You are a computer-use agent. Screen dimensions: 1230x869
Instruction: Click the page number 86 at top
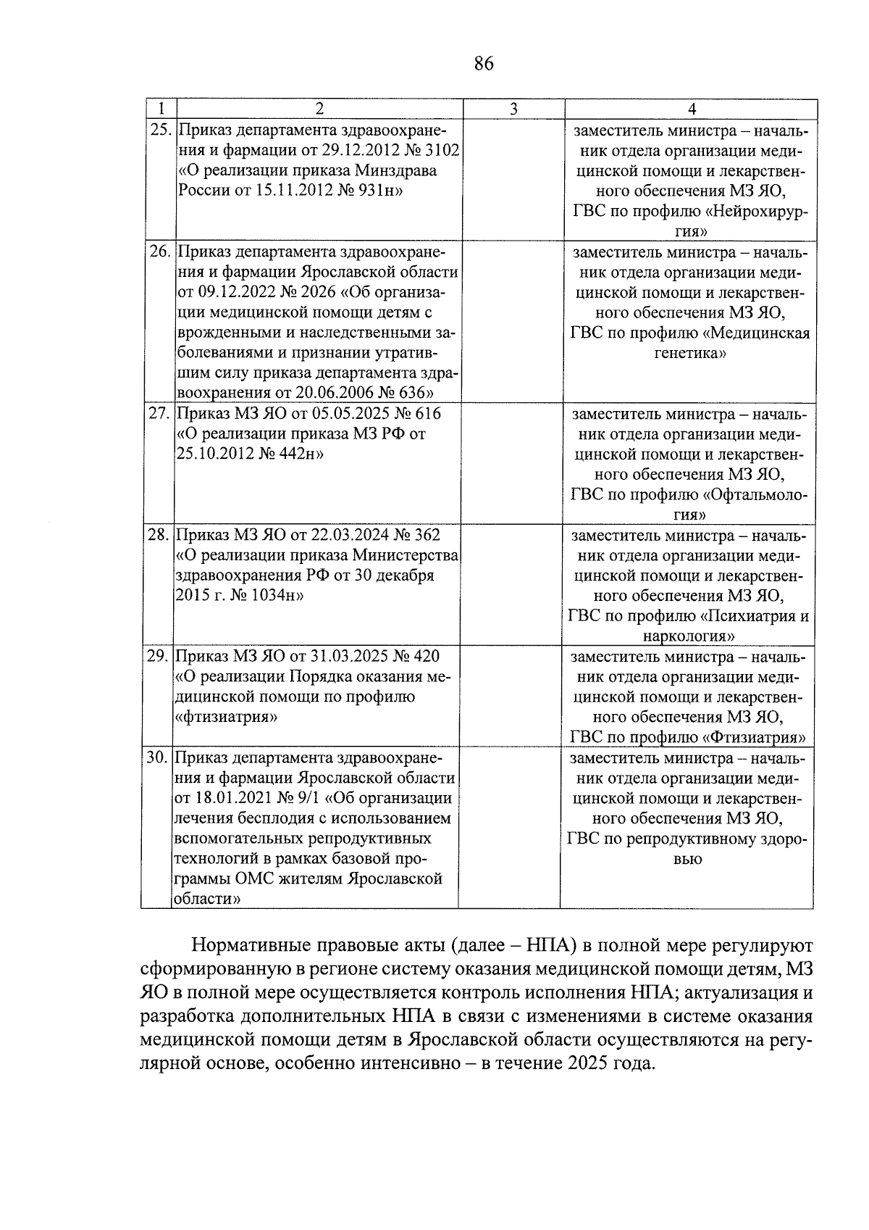click(x=484, y=64)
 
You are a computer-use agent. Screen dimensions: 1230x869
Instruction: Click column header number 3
click(x=513, y=109)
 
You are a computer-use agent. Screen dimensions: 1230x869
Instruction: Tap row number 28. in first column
click(x=158, y=535)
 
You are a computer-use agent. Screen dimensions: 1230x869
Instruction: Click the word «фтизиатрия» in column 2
click(x=228, y=717)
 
